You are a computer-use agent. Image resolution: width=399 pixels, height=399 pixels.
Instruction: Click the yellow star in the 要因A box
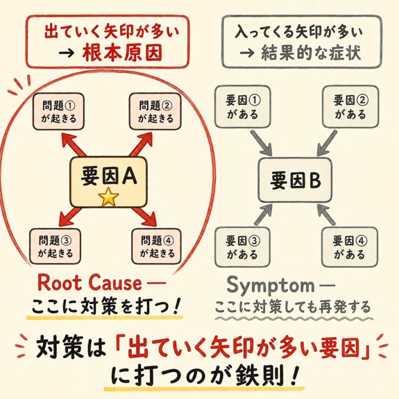point(109,198)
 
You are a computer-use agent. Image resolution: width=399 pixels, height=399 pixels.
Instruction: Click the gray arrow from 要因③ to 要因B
point(263,215)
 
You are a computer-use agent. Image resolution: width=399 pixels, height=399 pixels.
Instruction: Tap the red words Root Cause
point(90,284)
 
